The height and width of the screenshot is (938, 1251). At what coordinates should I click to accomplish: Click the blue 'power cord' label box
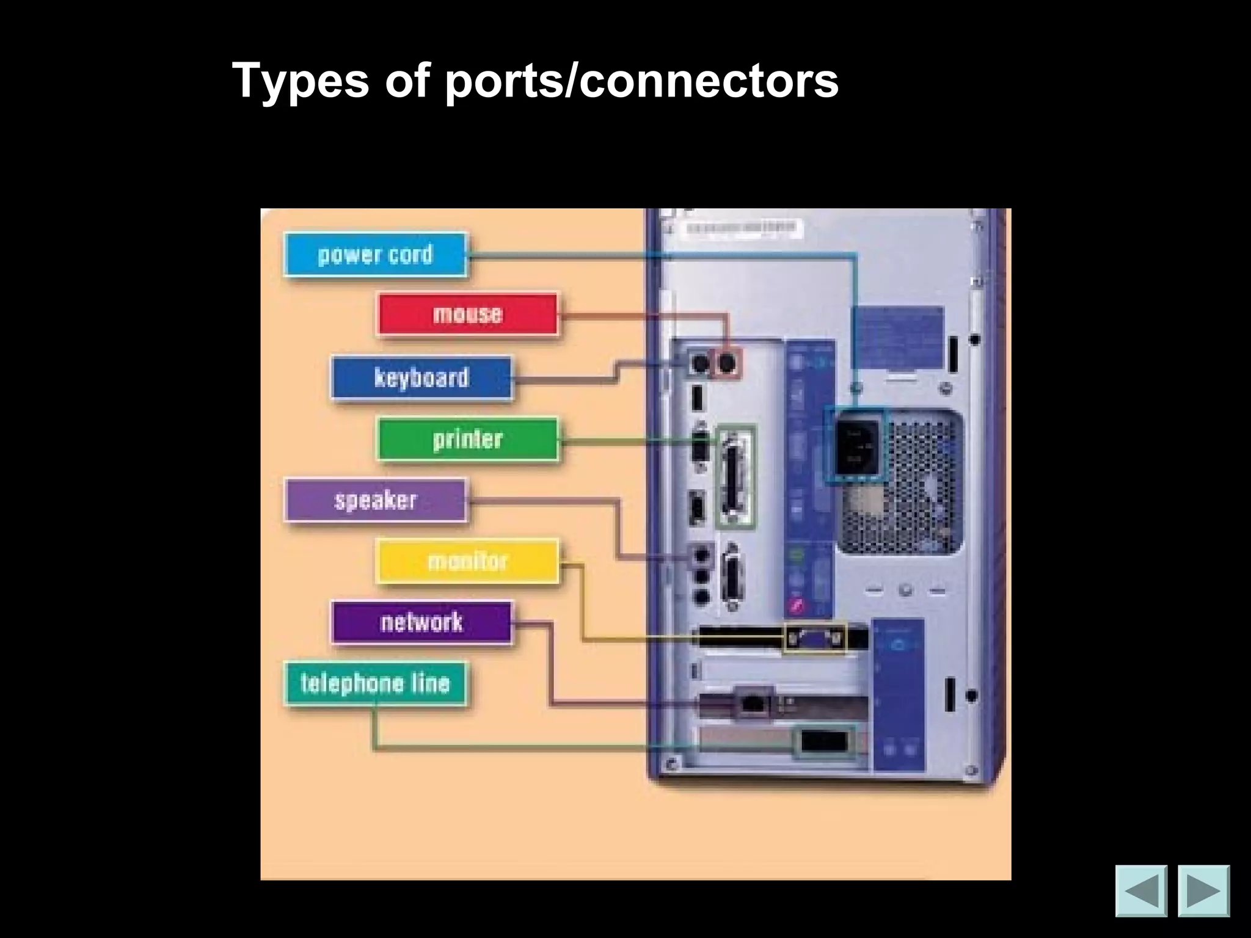click(375, 255)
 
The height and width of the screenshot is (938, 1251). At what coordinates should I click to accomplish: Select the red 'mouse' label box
click(467, 314)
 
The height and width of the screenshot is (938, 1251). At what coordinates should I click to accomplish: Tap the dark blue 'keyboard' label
click(421, 377)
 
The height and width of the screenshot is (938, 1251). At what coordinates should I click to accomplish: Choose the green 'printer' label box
click(467, 439)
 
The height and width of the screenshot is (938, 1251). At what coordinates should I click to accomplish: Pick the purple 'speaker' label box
click(375, 500)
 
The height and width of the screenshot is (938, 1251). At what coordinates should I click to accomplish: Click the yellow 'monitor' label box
click(467, 561)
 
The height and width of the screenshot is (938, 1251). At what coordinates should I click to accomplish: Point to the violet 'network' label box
click(421, 622)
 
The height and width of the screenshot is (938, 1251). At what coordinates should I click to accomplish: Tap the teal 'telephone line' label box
click(375, 683)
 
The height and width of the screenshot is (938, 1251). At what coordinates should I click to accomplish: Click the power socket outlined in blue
click(856, 446)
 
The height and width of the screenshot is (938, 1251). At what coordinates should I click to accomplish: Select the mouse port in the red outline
click(726, 364)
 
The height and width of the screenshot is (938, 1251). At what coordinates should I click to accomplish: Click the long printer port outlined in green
click(735, 476)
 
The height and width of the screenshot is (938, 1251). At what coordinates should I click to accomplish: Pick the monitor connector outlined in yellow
click(815, 639)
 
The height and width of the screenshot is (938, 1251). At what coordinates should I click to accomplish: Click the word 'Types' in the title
click(301, 80)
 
